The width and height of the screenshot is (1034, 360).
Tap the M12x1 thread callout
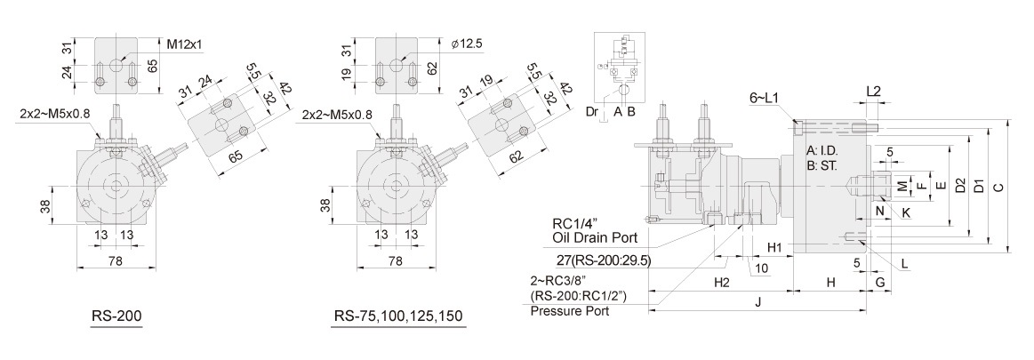[185, 43]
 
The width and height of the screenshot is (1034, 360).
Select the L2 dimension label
[873, 92]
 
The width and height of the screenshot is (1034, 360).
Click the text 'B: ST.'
[823, 164]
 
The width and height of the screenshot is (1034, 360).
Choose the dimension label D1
[978, 188]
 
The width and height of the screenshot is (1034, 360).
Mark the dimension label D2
[958, 188]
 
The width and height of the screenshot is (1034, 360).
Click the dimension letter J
[757, 301]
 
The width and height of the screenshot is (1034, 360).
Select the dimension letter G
[878, 282]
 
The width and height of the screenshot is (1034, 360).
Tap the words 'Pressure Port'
[569, 311]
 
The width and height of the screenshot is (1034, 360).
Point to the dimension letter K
[906, 213]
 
